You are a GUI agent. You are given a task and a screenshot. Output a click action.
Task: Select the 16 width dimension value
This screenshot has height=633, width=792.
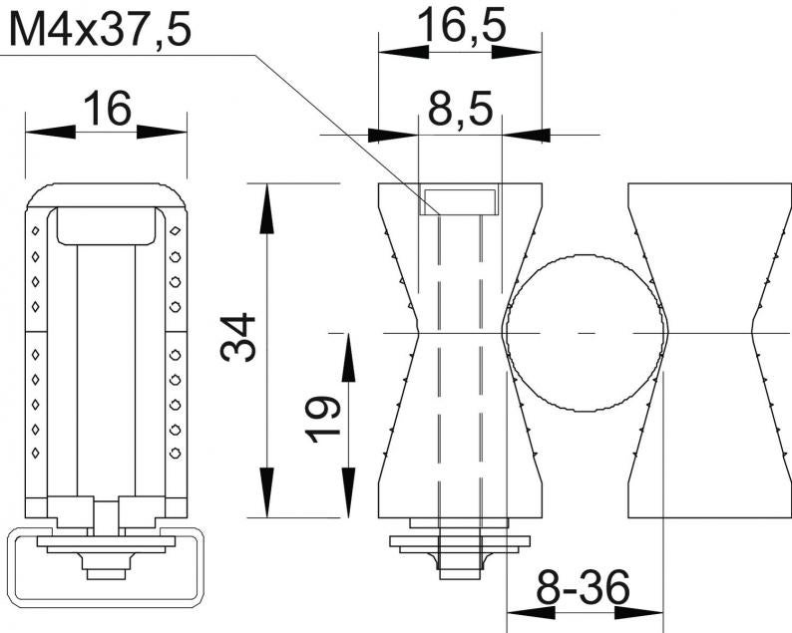(x=107, y=109)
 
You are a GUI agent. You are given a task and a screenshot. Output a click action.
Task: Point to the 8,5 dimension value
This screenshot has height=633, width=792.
(x=460, y=110)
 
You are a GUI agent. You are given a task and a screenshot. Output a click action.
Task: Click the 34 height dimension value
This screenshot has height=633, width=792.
(x=238, y=337)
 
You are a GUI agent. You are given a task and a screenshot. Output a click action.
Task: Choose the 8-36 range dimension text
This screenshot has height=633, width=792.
(x=583, y=586)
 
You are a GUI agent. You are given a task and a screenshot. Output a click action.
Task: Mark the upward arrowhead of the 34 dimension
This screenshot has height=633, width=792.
(x=266, y=208)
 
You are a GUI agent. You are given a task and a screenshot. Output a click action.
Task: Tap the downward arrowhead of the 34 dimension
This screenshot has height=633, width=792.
(x=266, y=492)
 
